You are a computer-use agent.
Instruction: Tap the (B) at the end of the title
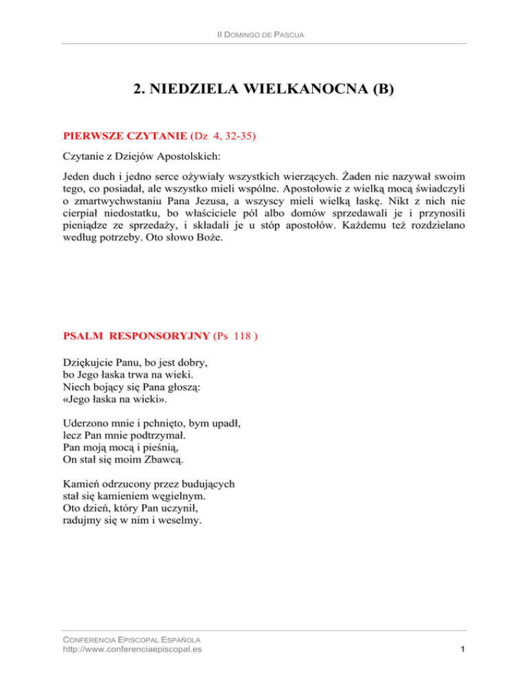[379, 90]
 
